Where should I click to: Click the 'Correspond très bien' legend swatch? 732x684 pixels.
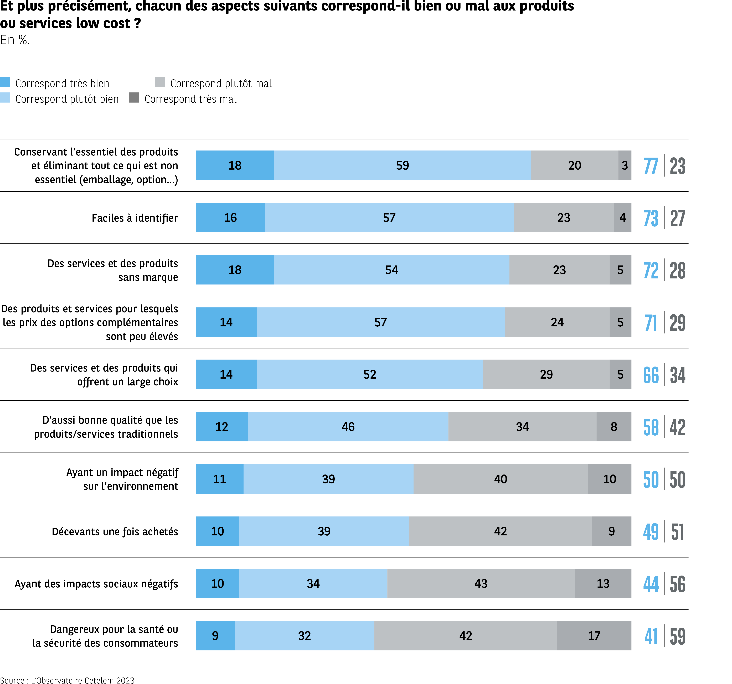click(5, 82)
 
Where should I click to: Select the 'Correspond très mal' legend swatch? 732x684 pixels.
click(134, 98)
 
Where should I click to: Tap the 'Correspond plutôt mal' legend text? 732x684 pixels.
click(221, 83)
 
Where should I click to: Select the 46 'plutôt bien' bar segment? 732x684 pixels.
click(348, 427)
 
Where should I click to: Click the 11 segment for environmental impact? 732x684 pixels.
click(219, 479)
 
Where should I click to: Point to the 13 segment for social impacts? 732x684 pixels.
click(603, 583)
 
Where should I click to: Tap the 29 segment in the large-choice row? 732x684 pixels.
click(546, 374)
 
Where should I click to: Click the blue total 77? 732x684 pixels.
click(651, 166)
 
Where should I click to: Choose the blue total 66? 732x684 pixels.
click(651, 375)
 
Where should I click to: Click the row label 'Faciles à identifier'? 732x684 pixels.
click(135, 218)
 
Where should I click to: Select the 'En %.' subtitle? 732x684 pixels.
click(15, 40)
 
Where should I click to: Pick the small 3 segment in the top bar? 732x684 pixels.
click(625, 165)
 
